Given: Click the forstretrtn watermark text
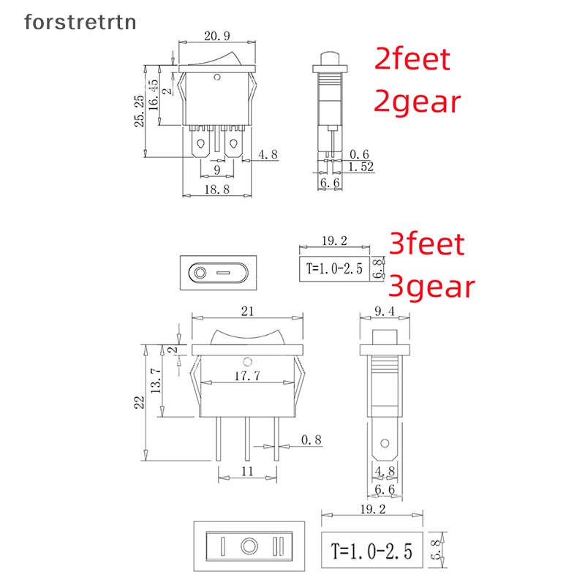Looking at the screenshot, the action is (x=80, y=23).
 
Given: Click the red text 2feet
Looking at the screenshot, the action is (x=412, y=58).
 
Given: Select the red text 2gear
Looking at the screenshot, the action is (x=418, y=102).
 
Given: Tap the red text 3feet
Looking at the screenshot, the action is (x=426, y=243).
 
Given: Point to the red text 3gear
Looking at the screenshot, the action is (x=432, y=287).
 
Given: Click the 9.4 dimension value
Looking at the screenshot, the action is (x=385, y=312).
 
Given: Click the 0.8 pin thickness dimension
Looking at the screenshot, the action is (x=311, y=440).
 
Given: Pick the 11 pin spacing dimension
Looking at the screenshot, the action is (x=247, y=472).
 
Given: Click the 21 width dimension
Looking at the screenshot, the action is (x=247, y=312).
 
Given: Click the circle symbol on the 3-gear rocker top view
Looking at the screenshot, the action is (x=249, y=546).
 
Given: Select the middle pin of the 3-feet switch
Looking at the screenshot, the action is (x=247, y=439).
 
